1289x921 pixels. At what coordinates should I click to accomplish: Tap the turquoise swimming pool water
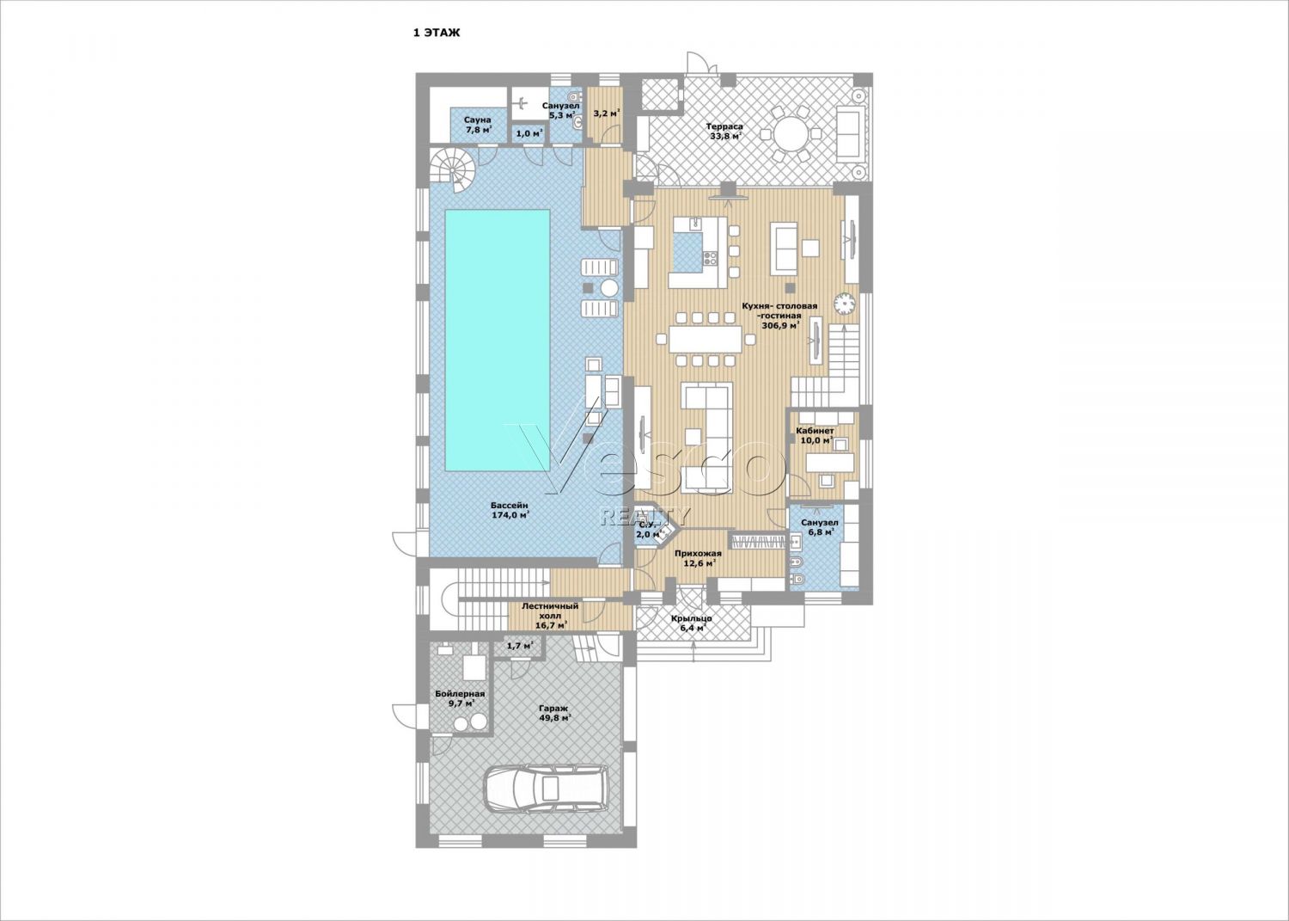[x=498, y=341]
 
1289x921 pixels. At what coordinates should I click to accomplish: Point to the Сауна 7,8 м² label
[x=479, y=125]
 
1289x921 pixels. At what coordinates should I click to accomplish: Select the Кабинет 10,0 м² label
[x=815, y=435]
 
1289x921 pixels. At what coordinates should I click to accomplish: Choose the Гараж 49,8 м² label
[x=552, y=714]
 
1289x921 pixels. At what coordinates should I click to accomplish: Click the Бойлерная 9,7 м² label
[x=460, y=698]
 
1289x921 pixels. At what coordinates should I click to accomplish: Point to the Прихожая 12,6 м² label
[x=698, y=558]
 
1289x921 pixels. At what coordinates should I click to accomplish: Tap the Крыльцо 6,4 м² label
[x=691, y=623]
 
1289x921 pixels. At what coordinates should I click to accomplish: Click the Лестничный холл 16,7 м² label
[x=550, y=615]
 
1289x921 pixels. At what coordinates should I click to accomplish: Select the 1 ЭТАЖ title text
[x=437, y=33]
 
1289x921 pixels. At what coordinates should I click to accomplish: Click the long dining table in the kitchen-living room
[x=706, y=340]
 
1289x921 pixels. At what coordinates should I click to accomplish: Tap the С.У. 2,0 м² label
[x=647, y=530]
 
